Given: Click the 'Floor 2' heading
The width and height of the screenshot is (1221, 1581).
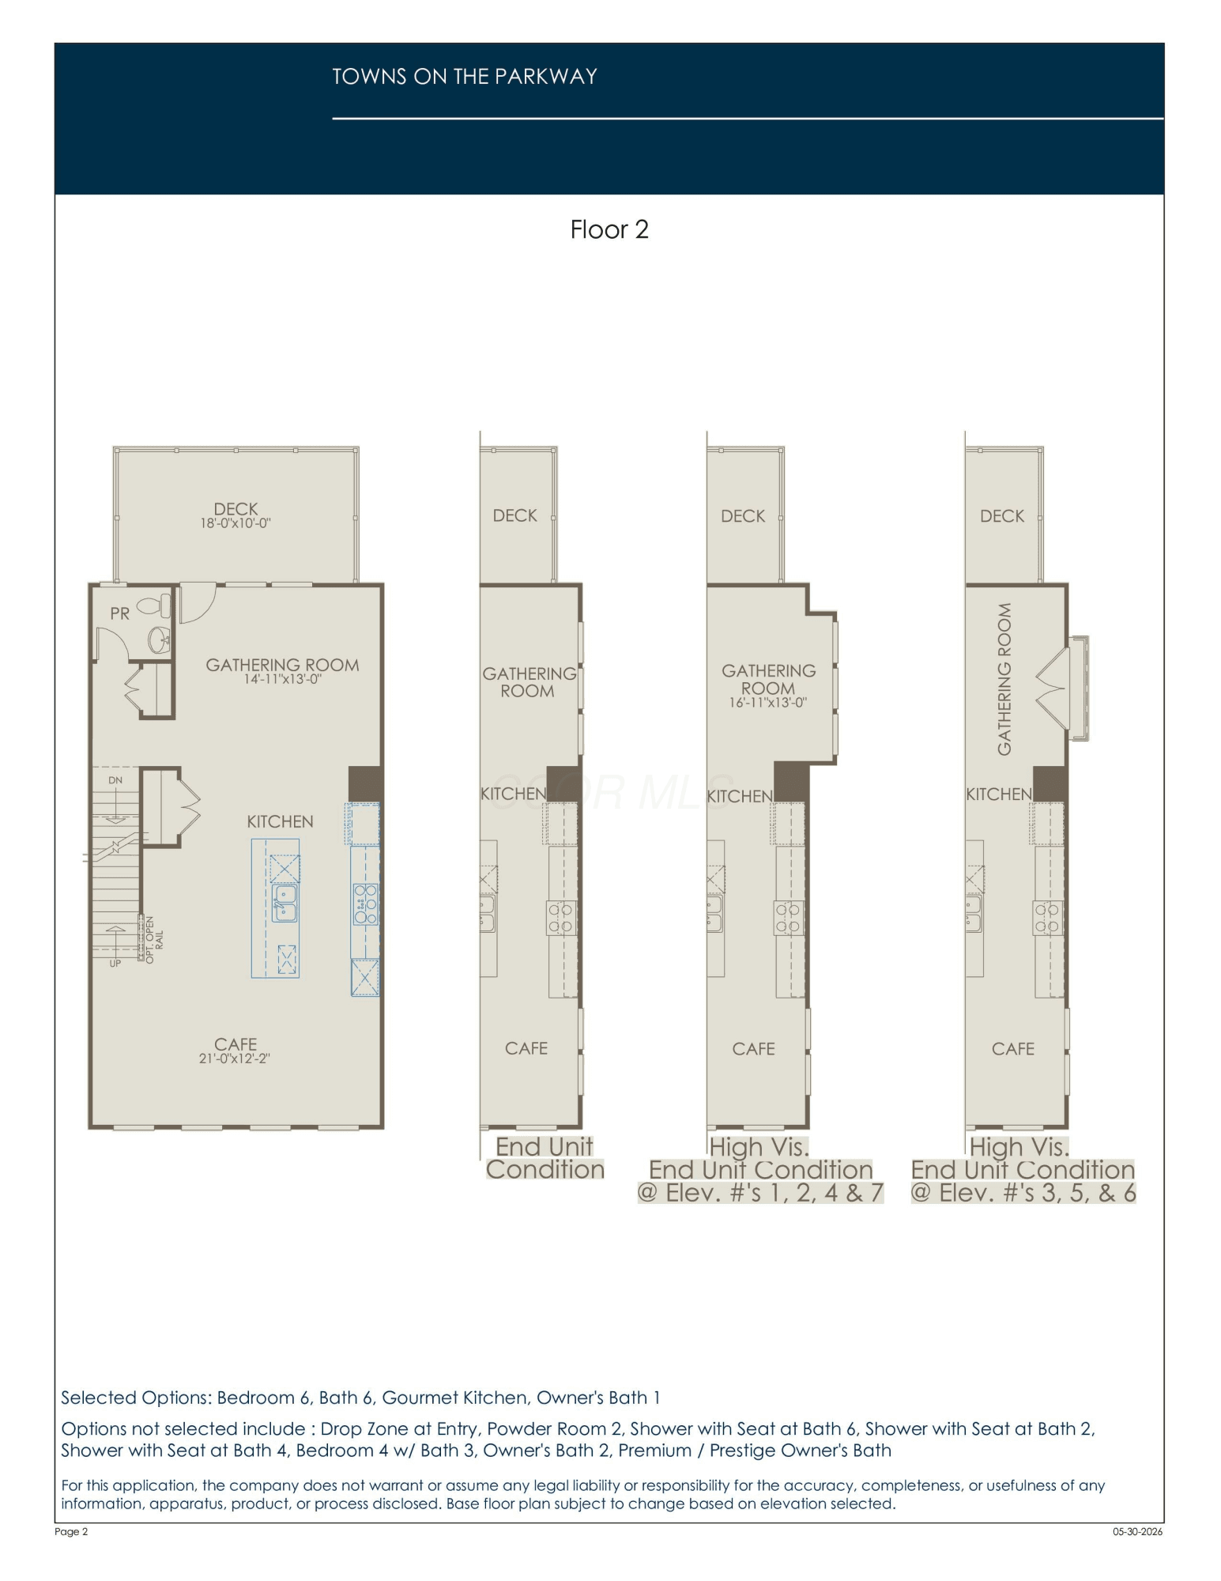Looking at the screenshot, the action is [x=609, y=229].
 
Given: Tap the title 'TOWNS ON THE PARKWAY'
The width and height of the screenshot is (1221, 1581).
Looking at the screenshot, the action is [x=465, y=77].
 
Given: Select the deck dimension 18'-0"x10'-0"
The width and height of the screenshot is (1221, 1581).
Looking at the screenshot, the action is [x=236, y=523].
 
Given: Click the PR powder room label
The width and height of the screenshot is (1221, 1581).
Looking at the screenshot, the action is [x=120, y=613].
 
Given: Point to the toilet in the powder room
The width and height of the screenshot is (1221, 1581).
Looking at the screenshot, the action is [x=154, y=607].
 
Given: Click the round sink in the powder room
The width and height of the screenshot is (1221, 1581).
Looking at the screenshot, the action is [x=160, y=640].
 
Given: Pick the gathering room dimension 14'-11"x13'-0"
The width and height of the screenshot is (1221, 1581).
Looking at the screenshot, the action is [x=282, y=679].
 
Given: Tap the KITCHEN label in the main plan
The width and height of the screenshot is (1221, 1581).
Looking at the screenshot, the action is [x=280, y=822].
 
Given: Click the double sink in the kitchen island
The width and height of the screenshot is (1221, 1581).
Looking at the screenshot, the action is [x=285, y=903].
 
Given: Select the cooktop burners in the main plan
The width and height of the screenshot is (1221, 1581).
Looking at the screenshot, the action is [x=365, y=904].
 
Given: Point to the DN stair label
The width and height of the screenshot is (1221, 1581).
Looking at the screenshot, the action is [x=115, y=780].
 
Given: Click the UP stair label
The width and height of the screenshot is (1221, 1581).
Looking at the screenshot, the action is [x=115, y=964].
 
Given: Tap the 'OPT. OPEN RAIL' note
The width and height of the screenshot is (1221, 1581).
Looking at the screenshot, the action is [x=154, y=939].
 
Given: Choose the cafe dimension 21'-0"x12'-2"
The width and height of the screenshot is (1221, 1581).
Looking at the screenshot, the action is [x=235, y=1058].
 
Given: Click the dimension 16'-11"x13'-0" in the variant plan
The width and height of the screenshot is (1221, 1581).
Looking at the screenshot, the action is [x=767, y=703].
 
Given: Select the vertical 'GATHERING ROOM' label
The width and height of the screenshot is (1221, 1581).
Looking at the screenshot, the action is [x=1004, y=679].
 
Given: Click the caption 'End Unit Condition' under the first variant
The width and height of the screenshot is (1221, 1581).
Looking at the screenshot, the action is [x=545, y=1158].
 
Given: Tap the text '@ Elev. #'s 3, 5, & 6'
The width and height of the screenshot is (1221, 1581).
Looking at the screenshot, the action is [x=1023, y=1192].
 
